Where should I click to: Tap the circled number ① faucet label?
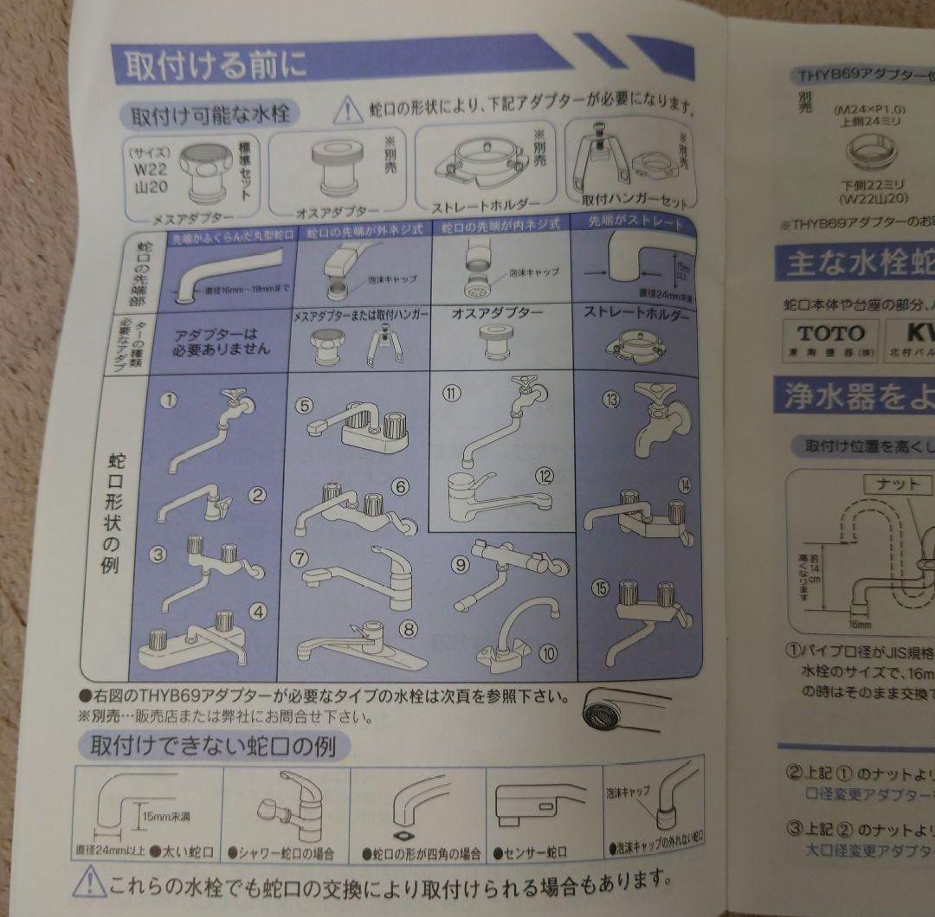pos(170,400)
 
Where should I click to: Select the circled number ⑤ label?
pos(303,404)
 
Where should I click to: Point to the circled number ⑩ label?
pos(547,653)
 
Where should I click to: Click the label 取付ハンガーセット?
pos(635,200)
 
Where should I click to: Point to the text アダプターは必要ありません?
pos(222,340)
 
